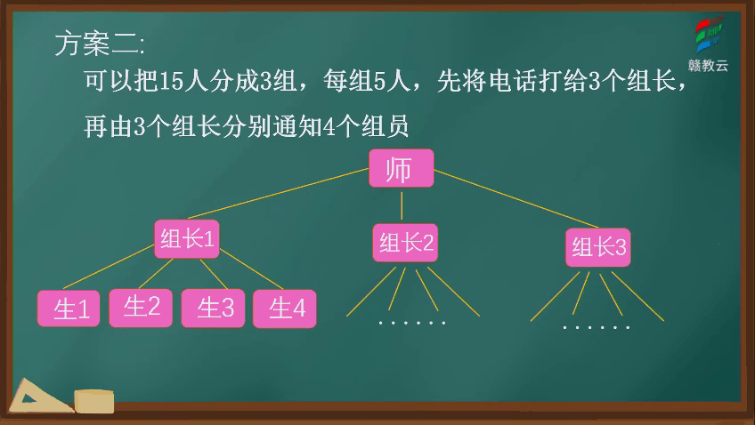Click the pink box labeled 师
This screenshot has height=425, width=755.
401,169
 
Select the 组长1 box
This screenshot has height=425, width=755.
186,238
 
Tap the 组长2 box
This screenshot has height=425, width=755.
405,243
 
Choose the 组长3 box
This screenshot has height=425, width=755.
597,247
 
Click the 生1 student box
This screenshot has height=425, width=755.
69,309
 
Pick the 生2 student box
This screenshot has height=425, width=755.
141,307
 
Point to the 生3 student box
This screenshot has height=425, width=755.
213,309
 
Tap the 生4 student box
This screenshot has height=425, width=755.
285,309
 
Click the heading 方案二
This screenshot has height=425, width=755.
98,43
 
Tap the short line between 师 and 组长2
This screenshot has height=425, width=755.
402,204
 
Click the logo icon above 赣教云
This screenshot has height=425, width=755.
709,36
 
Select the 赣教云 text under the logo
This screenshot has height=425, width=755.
709,65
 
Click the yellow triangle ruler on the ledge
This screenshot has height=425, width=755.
39,397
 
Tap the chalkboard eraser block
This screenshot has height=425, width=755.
94,401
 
